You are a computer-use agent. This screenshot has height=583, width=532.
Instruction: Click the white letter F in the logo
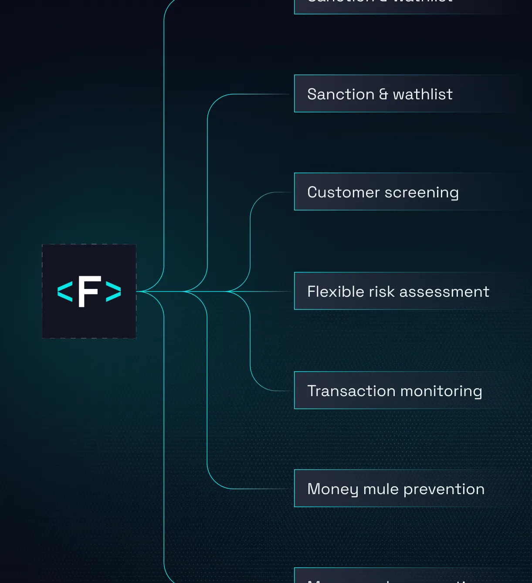click(89, 291)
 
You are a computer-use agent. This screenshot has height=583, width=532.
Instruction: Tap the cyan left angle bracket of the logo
click(65, 291)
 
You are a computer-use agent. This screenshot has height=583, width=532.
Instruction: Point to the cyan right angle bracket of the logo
click(113, 291)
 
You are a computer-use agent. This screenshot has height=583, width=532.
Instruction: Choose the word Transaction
click(351, 391)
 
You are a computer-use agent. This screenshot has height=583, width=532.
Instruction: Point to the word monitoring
click(441, 391)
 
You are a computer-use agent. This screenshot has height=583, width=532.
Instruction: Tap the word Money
click(333, 489)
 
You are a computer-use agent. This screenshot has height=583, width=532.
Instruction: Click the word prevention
click(444, 489)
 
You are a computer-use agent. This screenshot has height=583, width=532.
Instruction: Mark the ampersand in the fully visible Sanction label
click(383, 94)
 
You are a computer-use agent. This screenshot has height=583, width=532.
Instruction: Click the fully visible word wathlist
click(423, 94)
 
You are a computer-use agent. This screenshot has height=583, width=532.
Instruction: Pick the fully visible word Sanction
click(341, 94)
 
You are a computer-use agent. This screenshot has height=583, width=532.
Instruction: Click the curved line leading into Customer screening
click(257, 205)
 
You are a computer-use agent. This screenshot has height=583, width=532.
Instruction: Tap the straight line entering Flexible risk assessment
click(270, 291)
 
